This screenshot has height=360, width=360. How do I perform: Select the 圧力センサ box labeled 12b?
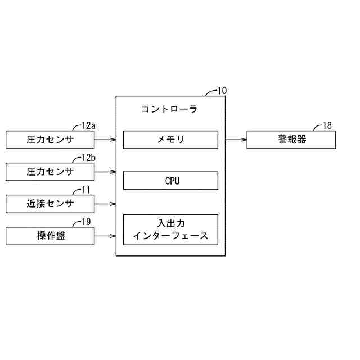[x=50, y=171]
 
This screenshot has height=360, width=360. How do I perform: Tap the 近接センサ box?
[x=50, y=204]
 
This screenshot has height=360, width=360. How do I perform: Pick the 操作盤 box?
[x=50, y=236]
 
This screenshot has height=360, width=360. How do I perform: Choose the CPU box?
[x=170, y=181]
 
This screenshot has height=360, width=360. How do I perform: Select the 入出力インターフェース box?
[x=170, y=229]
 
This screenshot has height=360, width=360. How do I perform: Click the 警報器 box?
[x=291, y=139]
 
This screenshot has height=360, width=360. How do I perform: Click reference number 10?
[x=222, y=91]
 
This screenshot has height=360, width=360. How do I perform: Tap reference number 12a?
[x=89, y=125]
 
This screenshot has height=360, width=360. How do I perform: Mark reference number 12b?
[x=89, y=157]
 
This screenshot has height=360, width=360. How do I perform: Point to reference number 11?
[x=86, y=190]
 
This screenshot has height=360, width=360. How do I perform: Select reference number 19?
[x=86, y=222]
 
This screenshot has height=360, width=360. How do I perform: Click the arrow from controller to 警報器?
[x=236, y=139]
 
